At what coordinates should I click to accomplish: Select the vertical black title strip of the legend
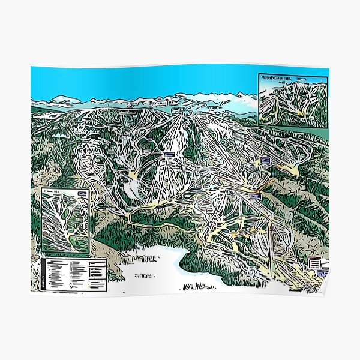43,271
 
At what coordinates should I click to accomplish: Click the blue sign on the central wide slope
170,155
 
